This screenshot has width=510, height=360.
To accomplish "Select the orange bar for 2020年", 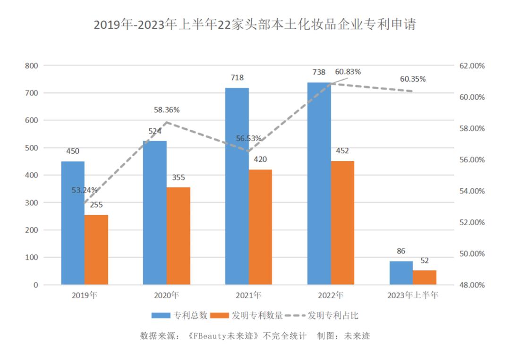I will [x=178, y=236].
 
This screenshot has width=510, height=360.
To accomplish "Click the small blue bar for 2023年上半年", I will [x=401, y=273].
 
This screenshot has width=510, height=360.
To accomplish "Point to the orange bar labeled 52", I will [x=425, y=277].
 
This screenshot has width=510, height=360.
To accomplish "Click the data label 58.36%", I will [x=166, y=110].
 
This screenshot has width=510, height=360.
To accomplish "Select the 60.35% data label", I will [x=413, y=79].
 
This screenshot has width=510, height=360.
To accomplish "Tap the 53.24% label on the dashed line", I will [x=85, y=190].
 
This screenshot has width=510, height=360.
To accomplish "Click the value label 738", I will [x=319, y=72].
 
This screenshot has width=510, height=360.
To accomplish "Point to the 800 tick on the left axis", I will [x=32, y=66].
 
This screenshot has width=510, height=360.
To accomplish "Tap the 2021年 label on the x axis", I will [x=248, y=296].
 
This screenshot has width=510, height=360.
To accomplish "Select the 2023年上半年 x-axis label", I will [x=413, y=296].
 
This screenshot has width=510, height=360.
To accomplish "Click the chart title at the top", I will [x=255, y=25].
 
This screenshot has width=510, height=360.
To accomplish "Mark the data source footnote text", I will [x=255, y=336].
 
